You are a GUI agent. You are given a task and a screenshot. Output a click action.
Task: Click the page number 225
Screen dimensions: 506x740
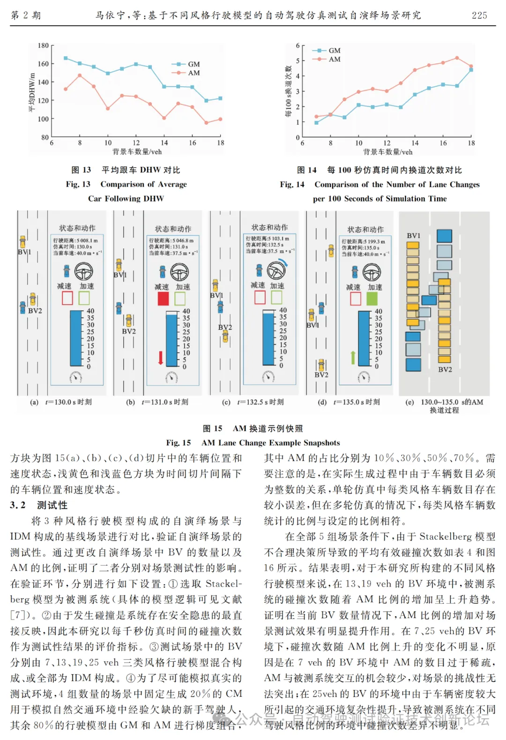479,15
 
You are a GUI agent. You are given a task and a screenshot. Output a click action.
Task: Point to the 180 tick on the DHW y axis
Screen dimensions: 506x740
43,45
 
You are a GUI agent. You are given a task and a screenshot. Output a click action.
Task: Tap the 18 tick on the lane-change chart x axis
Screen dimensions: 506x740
471,143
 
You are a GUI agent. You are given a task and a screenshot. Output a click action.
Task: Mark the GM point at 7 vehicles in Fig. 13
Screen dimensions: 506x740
66,58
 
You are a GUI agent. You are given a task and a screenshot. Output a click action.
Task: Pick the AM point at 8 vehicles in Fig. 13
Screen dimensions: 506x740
80,75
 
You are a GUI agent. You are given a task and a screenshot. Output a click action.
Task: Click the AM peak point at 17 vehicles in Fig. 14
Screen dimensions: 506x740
457,58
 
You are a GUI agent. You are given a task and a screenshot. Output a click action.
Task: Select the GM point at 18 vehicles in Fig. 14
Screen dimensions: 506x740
471,70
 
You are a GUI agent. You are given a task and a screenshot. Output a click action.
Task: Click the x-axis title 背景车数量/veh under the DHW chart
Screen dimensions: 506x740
137,152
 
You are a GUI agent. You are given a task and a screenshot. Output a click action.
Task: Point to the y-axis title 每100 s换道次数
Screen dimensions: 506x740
289,91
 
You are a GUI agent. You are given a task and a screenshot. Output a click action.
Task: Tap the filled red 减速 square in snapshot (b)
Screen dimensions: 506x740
163,299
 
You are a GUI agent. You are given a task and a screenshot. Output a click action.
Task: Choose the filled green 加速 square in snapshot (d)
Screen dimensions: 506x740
372,299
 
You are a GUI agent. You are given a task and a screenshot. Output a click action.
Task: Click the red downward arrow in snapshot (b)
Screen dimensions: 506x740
161,357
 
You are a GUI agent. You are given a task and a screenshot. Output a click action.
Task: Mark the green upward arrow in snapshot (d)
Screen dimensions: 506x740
353,357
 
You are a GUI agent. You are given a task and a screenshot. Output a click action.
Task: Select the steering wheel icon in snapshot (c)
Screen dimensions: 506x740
276,270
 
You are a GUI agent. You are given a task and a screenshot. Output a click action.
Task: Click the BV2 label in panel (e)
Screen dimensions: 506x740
445,370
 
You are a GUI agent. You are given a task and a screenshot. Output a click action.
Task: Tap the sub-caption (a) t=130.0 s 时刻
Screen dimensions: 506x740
61,402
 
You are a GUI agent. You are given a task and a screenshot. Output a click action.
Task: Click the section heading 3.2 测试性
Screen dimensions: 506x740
39,505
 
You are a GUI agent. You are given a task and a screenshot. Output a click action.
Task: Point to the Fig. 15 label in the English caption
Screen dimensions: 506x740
179,443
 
